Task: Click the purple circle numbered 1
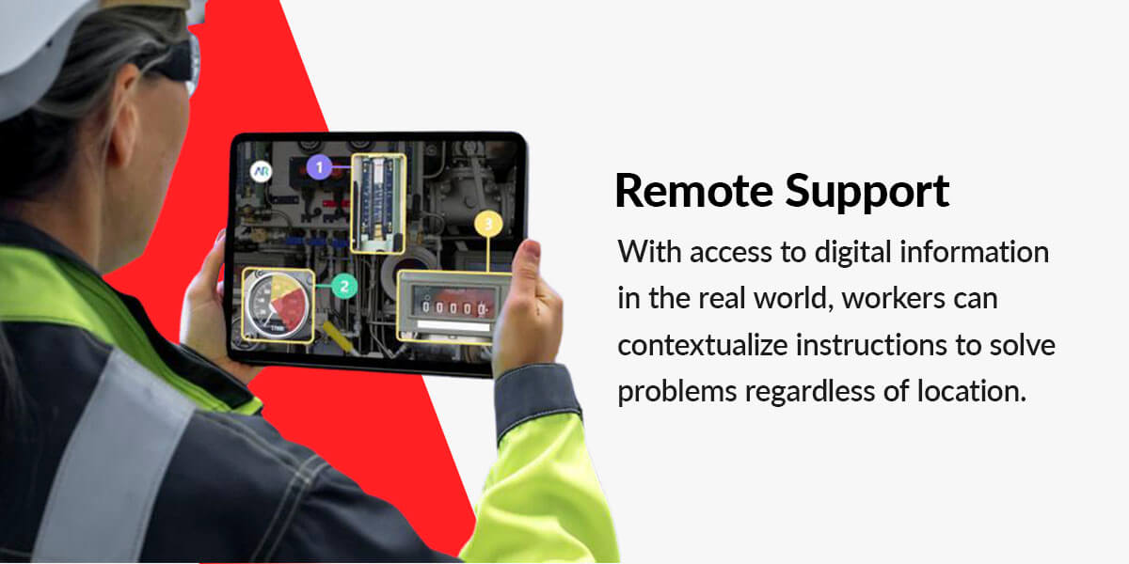[319, 167]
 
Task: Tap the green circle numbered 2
[344, 287]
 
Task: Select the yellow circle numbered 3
[488, 224]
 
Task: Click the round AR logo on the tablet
[262, 171]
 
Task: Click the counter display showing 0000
[454, 306]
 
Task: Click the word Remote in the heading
[694, 191]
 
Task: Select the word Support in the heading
[867, 193]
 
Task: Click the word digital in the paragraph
[853, 253]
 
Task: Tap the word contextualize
[703, 346]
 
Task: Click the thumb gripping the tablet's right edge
[527, 272]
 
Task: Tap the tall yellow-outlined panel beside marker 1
[378, 203]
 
